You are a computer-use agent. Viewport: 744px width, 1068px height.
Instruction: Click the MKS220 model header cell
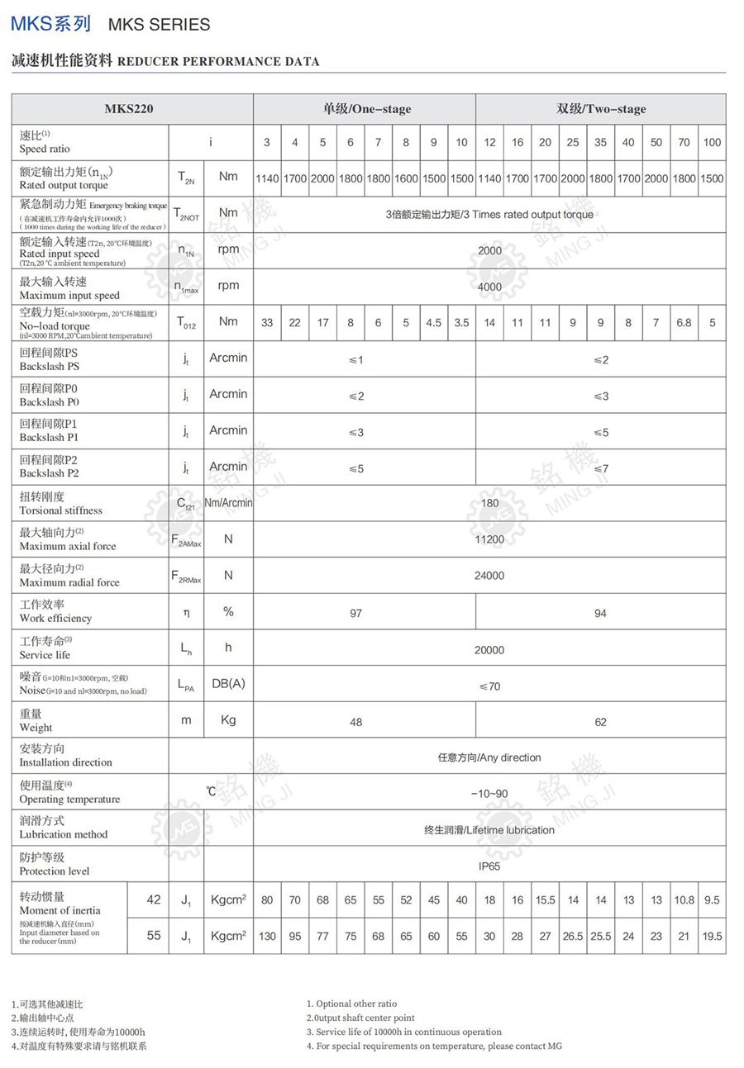pos(129,108)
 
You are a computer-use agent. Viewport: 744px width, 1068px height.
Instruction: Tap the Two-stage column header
pos(600,108)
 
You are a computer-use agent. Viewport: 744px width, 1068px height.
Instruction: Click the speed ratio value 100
pos(712,142)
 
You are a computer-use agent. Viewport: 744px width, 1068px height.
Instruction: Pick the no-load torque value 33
pos(267,323)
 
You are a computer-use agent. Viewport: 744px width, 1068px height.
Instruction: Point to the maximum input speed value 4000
pos(489,287)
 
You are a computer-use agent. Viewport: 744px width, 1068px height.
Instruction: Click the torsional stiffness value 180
pos(489,503)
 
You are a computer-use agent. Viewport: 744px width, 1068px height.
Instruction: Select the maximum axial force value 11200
pos(489,539)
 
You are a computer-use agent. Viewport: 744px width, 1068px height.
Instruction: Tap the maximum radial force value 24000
pos(489,576)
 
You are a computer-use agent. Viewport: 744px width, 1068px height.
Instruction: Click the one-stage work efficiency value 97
pos(355,613)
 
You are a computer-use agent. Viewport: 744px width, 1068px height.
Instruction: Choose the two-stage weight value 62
pos(600,722)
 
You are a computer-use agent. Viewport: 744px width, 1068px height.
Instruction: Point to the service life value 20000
pos(489,650)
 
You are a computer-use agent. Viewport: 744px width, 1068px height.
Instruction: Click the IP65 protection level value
pos(489,866)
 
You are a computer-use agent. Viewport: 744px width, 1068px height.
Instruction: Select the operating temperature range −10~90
pos(489,794)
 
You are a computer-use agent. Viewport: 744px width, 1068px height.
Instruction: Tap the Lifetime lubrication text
pos(489,830)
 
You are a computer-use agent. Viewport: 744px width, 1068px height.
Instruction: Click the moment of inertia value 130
pos(267,937)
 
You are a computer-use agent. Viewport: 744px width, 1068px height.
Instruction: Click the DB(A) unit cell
pos(228,684)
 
